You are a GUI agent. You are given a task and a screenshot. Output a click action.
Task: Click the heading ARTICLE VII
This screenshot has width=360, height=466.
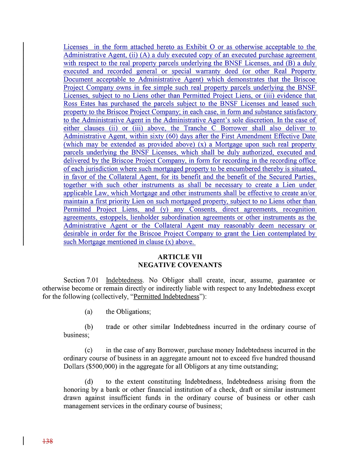180,257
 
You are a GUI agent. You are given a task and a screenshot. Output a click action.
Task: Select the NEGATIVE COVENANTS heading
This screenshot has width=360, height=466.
180,265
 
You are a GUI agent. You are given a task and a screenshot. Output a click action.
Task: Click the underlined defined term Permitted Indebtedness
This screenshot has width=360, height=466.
166,297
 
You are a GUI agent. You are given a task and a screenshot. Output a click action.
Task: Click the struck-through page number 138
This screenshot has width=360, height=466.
48,441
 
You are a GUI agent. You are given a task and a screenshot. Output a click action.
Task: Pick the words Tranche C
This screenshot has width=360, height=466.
211,128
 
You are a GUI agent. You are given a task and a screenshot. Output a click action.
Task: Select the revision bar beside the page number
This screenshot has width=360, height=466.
23,441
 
